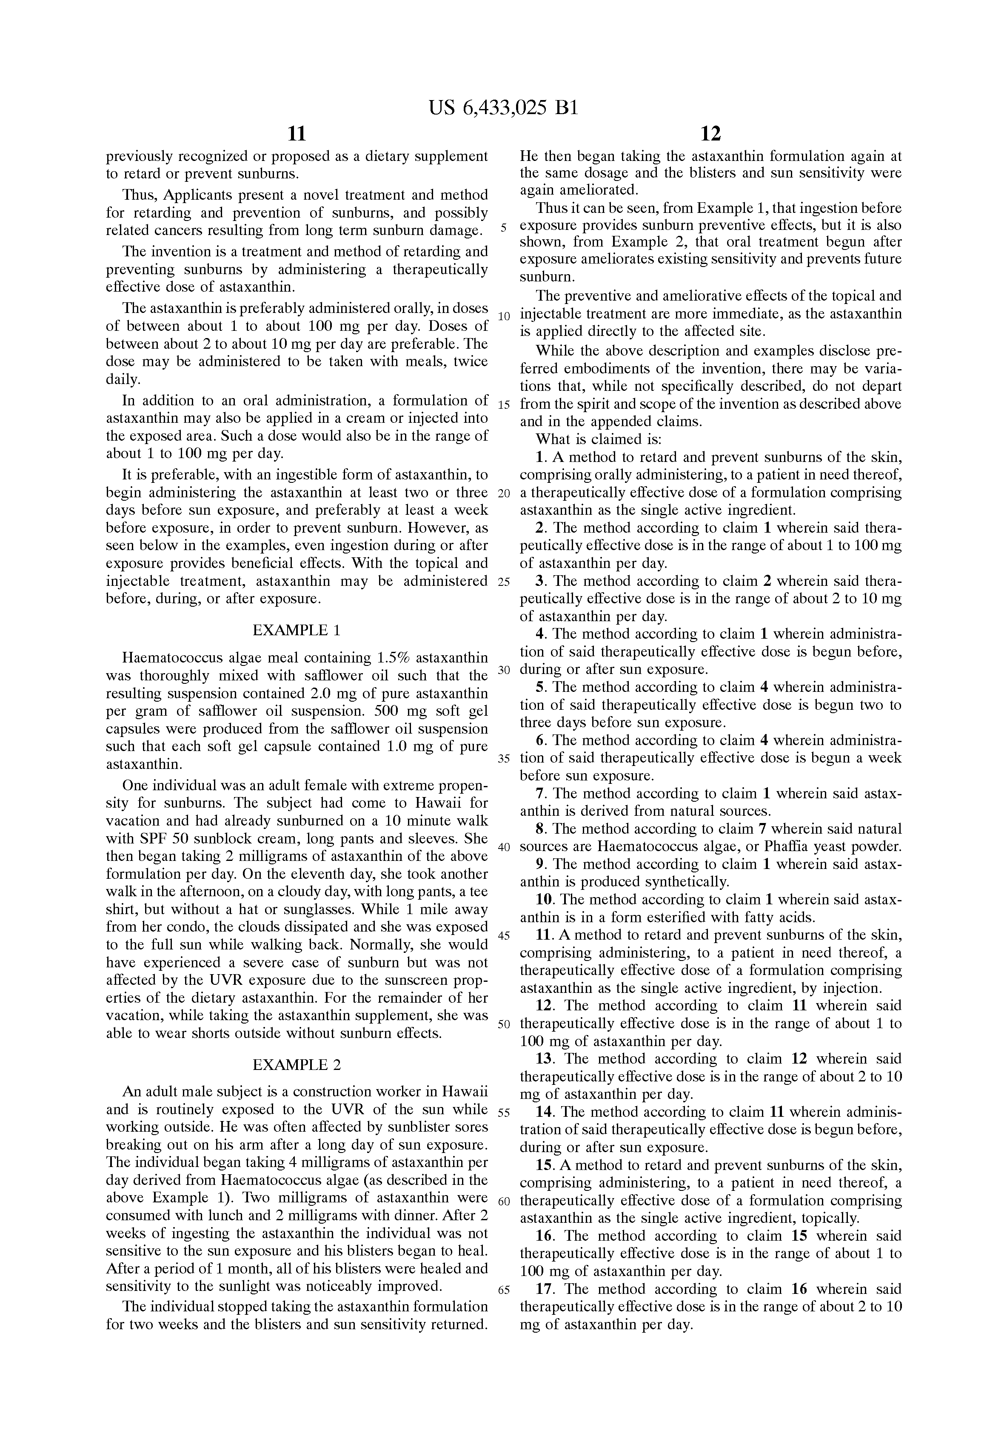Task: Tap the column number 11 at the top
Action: [297, 134]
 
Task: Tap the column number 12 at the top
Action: [710, 134]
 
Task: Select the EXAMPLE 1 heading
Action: [297, 630]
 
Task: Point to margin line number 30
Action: [504, 670]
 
